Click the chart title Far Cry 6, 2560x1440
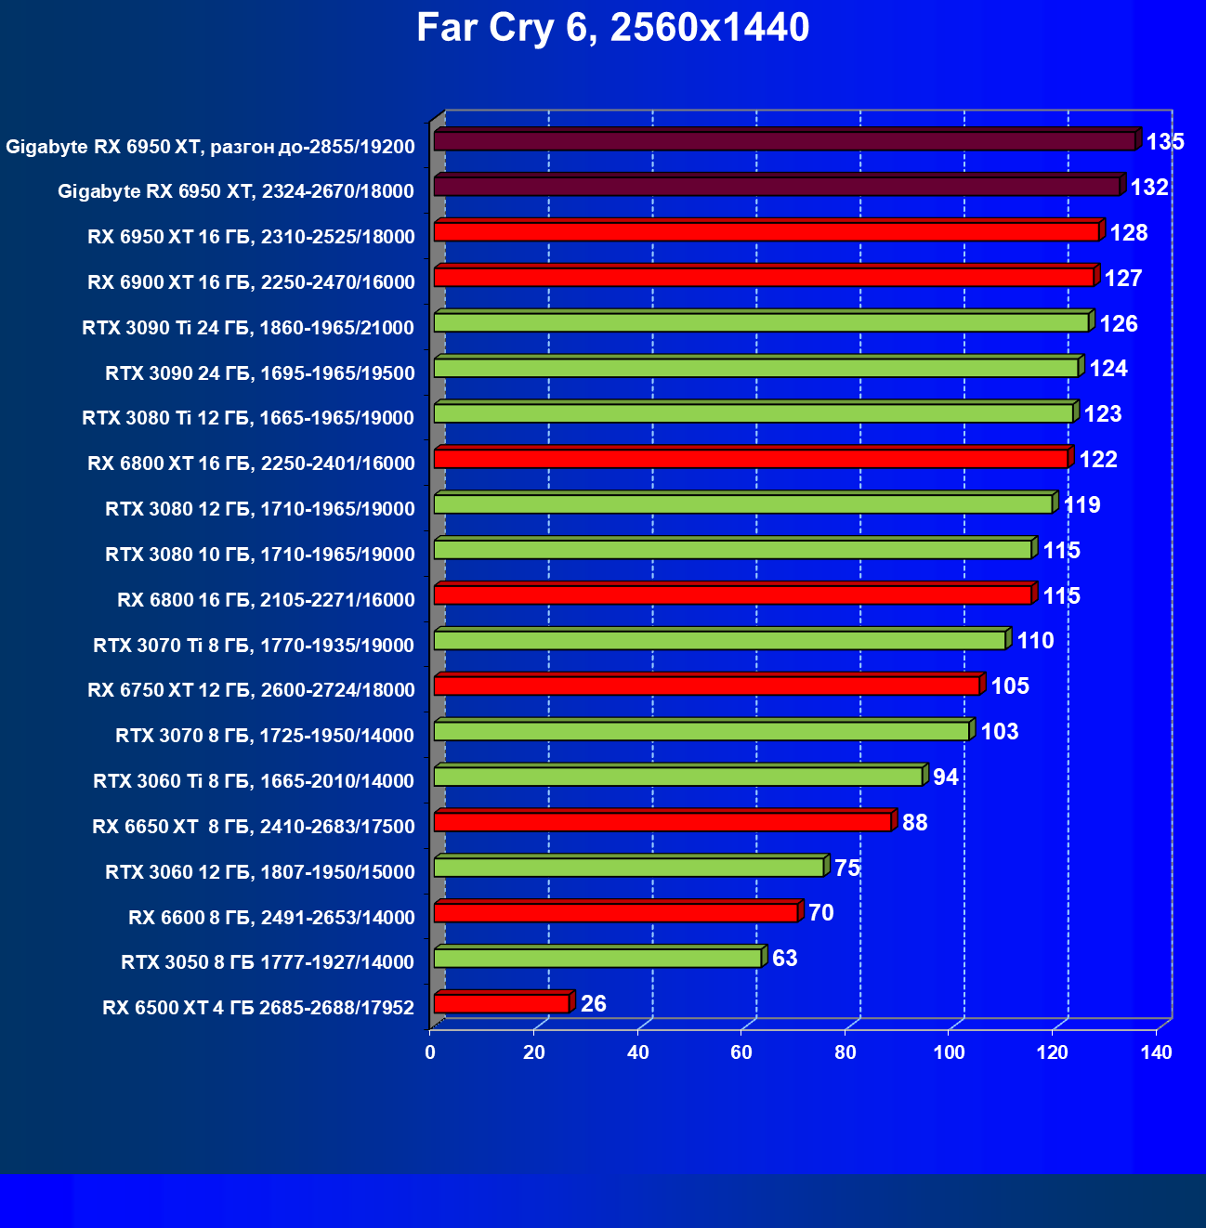point(612,29)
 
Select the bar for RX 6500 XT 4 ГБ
point(502,1003)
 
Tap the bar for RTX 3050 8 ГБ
point(597,958)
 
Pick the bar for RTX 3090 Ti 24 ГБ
point(761,322)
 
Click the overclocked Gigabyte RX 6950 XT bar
point(784,141)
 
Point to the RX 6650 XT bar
point(662,822)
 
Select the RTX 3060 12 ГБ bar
point(629,868)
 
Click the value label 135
point(1165,142)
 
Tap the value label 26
point(593,1004)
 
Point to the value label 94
point(945,777)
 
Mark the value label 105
point(1010,686)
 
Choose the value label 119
point(1081,505)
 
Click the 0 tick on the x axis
point(430,1052)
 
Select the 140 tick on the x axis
point(1157,1052)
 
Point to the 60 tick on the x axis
point(741,1052)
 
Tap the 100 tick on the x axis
point(949,1052)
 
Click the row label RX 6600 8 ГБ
point(271,918)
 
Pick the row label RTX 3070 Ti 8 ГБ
point(254,646)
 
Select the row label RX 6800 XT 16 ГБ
point(251,464)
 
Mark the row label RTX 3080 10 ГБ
point(259,555)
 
